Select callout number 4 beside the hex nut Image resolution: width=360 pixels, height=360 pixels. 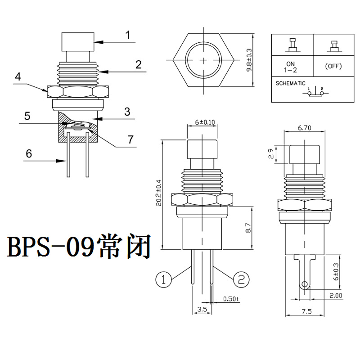click(x=18, y=77)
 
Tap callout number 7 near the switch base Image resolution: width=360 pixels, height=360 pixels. click(x=130, y=139)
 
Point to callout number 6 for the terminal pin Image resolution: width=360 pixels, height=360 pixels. click(x=29, y=153)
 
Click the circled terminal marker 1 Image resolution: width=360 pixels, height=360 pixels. click(x=164, y=279)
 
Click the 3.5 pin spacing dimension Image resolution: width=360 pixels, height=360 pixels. click(x=202, y=310)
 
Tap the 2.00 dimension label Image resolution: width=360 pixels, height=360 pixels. click(x=335, y=296)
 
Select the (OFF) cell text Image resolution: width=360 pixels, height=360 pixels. click(x=333, y=67)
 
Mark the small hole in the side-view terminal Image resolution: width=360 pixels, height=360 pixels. click(x=305, y=284)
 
